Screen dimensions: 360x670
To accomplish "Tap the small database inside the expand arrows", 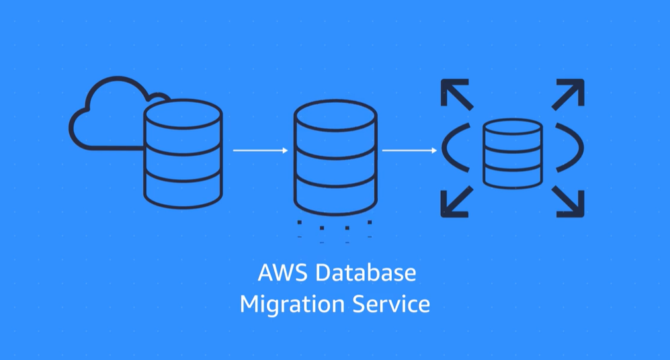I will coord(512,153).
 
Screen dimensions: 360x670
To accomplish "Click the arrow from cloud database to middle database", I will coord(260,151).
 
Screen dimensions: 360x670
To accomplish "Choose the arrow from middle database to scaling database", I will coord(409,151).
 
